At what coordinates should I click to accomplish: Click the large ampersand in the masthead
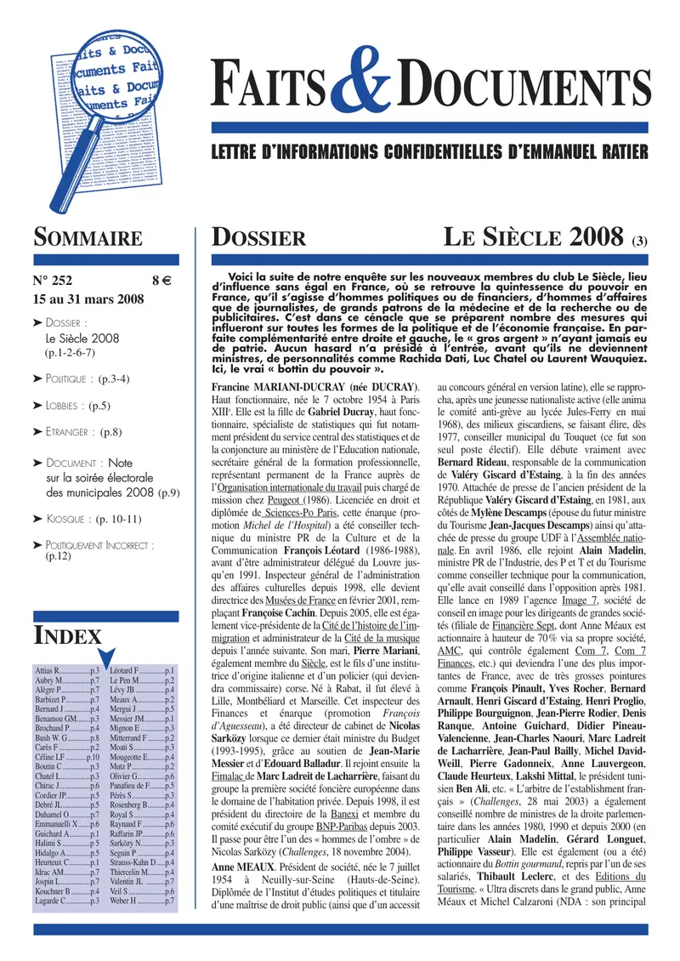[x=362, y=96]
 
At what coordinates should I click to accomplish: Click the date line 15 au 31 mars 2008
[x=88, y=299]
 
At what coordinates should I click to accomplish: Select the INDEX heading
[x=67, y=635]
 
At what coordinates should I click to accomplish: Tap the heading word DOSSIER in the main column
[x=252, y=239]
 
